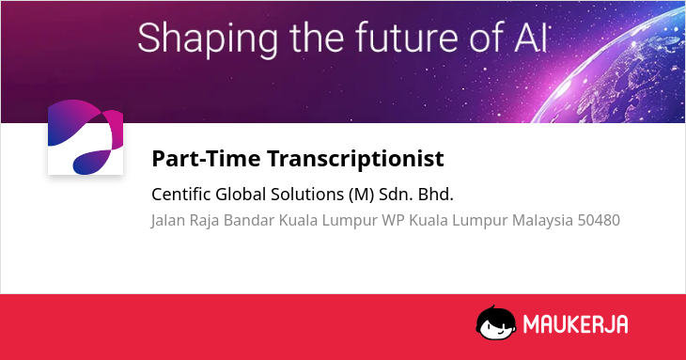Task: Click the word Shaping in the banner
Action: point(208,39)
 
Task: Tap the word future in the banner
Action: point(406,38)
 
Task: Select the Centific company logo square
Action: point(86,137)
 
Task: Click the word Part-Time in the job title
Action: point(206,158)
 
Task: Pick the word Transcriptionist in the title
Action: point(356,159)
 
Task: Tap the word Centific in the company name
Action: point(181,194)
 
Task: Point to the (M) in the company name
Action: point(362,195)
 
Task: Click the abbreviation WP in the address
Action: point(393,220)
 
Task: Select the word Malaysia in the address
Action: point(542,221)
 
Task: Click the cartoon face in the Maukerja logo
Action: point(496,322)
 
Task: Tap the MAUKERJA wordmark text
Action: point(576,324)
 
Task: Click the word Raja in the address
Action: point(204,221)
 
